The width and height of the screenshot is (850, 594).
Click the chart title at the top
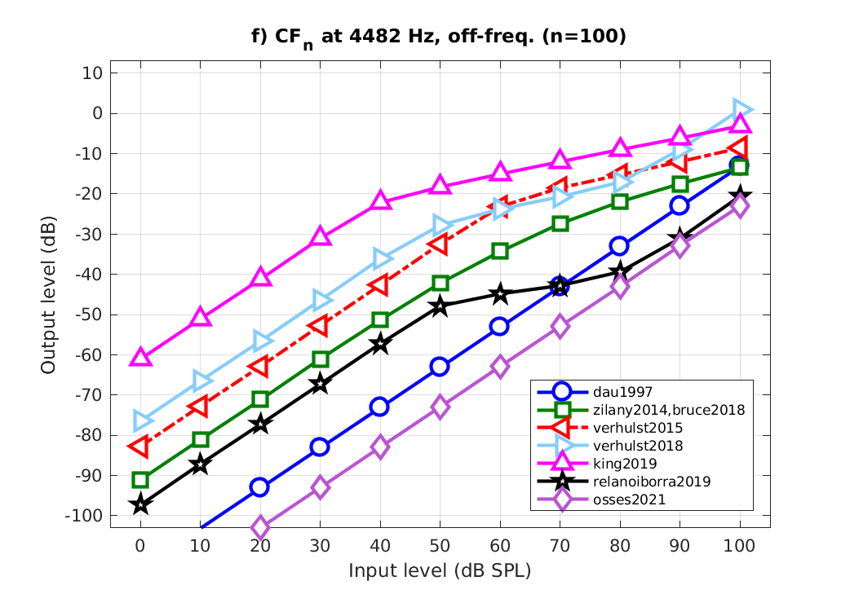point(440,37)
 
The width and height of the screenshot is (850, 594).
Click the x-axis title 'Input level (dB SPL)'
point(440,570)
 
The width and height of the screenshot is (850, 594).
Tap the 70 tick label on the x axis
point(560,544)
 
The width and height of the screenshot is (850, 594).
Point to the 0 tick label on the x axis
point(140,544)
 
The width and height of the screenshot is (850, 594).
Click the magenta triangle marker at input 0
point(140,357)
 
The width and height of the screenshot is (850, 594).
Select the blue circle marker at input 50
point(440,367)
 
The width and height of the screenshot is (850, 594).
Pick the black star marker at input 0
point(140,504)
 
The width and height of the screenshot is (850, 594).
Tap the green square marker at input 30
point(320,359)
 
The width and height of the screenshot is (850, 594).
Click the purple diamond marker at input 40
point(380,447)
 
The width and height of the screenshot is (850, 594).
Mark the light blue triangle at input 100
point(742,109)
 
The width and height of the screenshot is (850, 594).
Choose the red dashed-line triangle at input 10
point(199,406)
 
